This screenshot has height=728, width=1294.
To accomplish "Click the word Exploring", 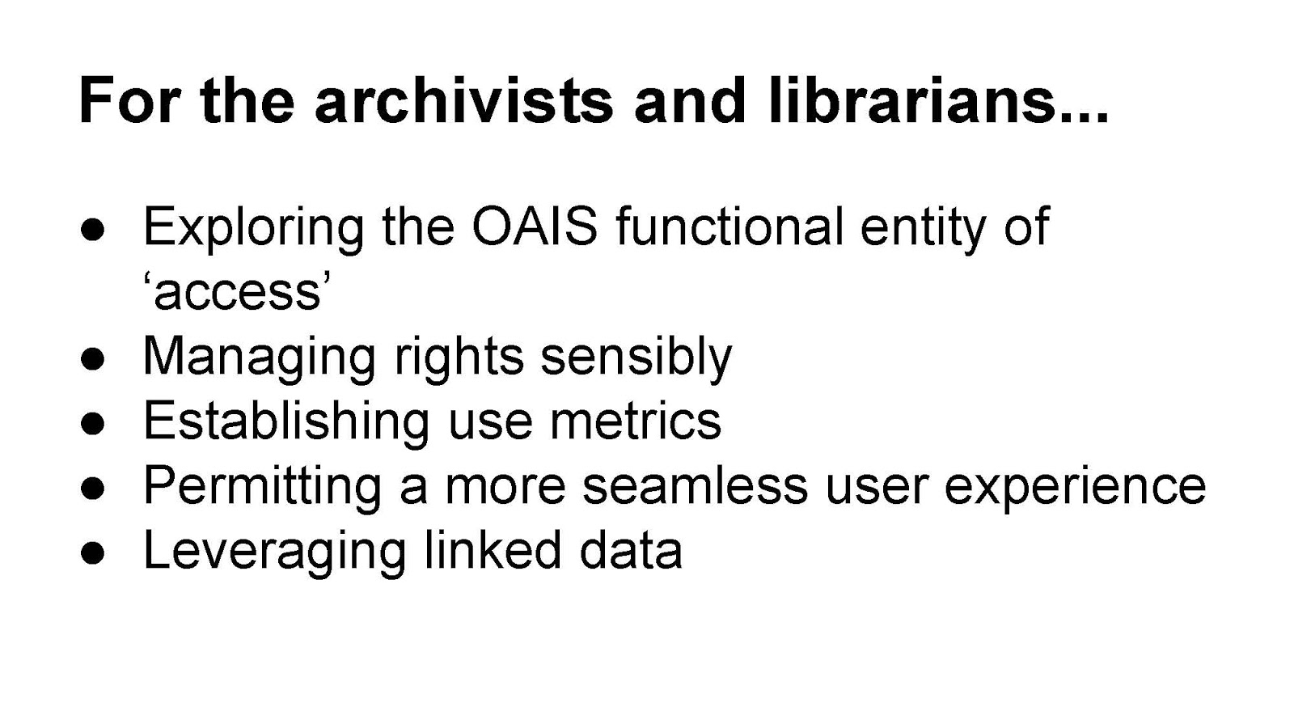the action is pyautogui.click(x=254, y=230).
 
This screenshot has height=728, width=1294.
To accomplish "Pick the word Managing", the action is pyautogui.click(x=260, y=359).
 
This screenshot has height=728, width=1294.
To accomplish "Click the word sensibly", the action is pyautogui.click(x=636, y=359).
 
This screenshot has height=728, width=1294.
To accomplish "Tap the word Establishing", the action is pyautogui.click(x=286, y=424).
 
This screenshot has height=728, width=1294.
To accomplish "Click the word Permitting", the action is pyautogui.click(x=263, y=489).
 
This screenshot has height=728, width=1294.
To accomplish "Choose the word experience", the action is pyautogui.click(x=1075, y=489).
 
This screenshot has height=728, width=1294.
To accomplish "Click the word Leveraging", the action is pyautogui.click(x=275, y=553).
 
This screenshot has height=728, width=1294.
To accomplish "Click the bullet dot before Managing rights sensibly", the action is pyautogui.click(x=92, y=359).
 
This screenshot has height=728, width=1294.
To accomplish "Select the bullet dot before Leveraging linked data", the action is pyautogui.click(x=92, y=553).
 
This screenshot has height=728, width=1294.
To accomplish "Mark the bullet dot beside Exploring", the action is pyautogui.click(x=92, y=230).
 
